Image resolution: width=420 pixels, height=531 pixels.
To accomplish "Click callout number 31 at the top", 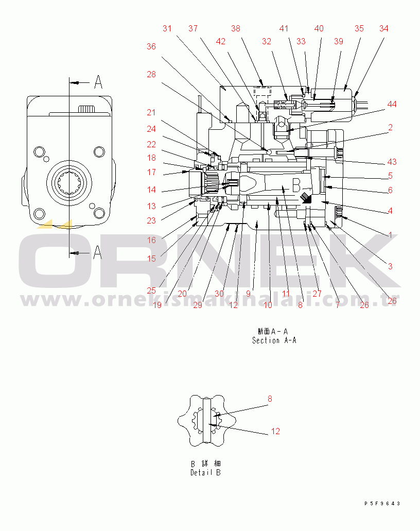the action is tap(167, 28).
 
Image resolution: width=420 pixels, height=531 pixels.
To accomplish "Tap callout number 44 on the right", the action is tap(392, 105).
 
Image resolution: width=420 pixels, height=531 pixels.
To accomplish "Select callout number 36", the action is tap(151, 46).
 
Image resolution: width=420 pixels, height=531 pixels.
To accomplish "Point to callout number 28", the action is tap(151, 74).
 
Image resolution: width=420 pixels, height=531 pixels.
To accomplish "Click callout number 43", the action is tap(392, 162).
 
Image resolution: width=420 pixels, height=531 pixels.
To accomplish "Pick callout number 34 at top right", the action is tap(384, 28).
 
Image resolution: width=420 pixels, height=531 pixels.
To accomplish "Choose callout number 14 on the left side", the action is tap(151, 190).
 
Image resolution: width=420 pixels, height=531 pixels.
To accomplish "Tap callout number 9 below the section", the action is tap(249, 294).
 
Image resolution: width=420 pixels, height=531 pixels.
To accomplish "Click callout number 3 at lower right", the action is tap(390, 266).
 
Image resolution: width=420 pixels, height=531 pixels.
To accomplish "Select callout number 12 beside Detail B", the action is tap(275, 431).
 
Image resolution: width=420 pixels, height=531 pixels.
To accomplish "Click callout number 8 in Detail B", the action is tap(270, 399).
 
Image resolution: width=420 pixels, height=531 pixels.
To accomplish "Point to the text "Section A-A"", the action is tap(274, 340).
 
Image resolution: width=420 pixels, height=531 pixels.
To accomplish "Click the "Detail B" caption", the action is tap(205, 472).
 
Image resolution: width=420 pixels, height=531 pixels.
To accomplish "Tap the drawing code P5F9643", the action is tap(382, 504).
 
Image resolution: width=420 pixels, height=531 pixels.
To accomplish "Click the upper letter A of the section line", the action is tap(98, 82).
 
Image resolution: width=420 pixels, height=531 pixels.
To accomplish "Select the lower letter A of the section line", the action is tap(97, 252).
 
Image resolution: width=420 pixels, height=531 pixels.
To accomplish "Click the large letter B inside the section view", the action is tap(296, 185).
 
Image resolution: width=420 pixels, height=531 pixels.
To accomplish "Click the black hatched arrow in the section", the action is tap(306, 198).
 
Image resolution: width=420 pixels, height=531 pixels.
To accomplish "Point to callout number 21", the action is tap(151, 112).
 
